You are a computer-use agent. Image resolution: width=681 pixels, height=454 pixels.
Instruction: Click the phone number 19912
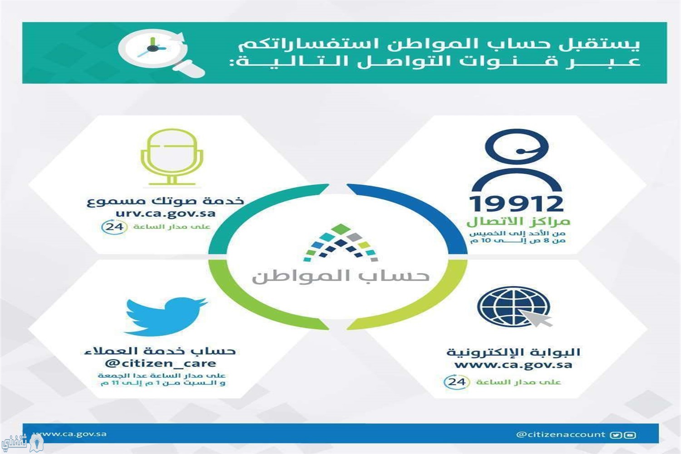[517, 203]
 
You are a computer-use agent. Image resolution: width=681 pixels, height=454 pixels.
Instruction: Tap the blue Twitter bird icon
[166, 317]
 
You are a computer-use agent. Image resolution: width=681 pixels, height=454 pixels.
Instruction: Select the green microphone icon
[172, 157]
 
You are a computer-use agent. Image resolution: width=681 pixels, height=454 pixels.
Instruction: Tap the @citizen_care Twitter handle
[160, 363]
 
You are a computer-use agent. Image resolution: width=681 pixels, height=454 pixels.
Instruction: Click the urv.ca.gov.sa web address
[165, 213]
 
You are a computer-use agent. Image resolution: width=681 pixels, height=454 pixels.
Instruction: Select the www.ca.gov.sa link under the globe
[513, 365]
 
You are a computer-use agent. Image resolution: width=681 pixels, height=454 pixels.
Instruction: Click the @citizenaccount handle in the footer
[561, 434]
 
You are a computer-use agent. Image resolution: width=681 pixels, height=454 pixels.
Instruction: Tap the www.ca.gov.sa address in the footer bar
[70, 434]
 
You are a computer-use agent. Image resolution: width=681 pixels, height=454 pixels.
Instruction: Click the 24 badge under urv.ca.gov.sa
[114, 227]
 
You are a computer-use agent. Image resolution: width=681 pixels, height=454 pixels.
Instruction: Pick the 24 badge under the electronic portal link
[457, 382]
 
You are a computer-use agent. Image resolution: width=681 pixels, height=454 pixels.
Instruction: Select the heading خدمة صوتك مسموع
[165, 201]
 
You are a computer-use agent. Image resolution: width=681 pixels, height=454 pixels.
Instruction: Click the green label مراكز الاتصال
[518, 222]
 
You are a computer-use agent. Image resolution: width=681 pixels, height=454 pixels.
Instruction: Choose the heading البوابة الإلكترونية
[513, 352]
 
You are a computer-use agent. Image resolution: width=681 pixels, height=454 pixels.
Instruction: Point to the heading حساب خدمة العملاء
[160, 351]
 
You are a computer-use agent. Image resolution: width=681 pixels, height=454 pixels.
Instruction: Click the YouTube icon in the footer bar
[630, 435]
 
